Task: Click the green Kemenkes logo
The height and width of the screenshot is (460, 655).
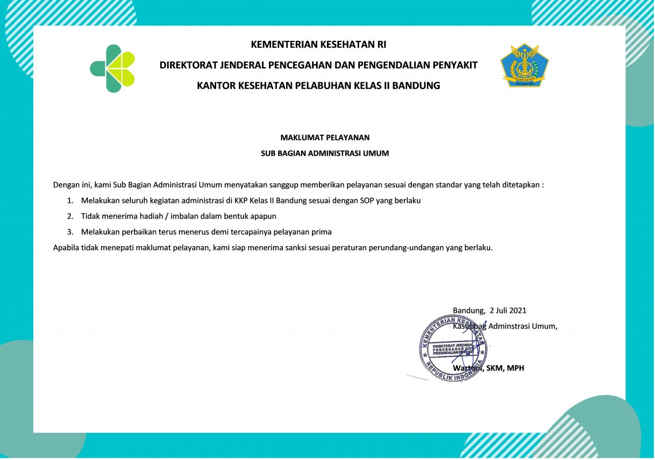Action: (x=113, y=68)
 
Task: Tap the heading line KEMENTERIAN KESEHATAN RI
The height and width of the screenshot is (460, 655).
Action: (x=318, y=44)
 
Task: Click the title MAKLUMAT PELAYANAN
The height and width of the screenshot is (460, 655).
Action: (x=325, y=137)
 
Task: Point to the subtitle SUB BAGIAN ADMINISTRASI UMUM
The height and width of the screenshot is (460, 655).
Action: (x=325, y=154)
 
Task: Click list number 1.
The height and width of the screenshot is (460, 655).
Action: (x=70, y=201)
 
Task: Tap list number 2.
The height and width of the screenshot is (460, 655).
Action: (x=70, y=216)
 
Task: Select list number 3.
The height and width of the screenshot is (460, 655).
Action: (x=70, y=232)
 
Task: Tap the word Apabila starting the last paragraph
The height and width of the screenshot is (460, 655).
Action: (x=67, y=248)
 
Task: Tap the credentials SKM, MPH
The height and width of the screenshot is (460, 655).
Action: (x=505, y=368)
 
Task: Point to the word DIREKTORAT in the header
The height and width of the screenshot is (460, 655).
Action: (x=190, y=65)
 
